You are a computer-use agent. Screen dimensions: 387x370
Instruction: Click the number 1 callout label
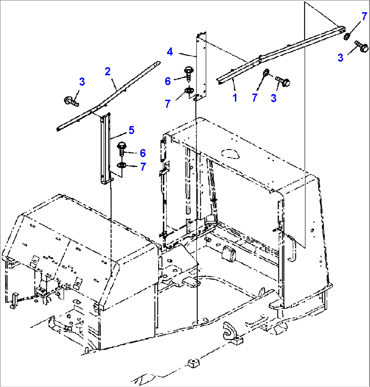click(235, 98)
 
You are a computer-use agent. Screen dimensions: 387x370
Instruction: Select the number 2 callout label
click(108, 72)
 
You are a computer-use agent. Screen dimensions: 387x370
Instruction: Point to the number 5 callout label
click(131, 130)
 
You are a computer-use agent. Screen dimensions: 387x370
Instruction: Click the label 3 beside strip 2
click(82, 82)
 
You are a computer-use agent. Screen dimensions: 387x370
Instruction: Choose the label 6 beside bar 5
click(143, 153)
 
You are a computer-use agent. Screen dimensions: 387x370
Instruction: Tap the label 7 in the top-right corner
click(364, 16)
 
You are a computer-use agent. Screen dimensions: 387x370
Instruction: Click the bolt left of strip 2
click(71, 100)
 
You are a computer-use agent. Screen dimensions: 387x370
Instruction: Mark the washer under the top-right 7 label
click(347, 37)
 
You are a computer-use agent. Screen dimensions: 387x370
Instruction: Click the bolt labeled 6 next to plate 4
click(188, 72)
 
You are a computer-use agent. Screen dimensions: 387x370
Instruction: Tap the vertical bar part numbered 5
click(105, 149)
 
